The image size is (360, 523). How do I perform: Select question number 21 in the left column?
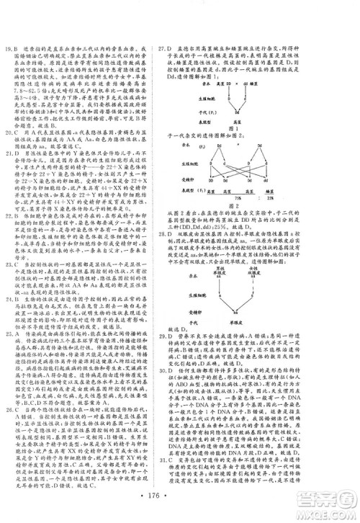(9, 153)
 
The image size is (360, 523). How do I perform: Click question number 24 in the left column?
(9, 328)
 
